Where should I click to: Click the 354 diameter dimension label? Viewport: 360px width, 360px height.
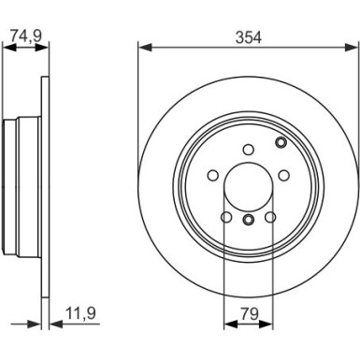coord(249,37)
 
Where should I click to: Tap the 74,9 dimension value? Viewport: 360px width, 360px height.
coord(26,36)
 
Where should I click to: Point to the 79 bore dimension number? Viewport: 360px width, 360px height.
coord(249,313)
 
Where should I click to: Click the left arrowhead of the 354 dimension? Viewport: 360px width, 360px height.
coord(145,48)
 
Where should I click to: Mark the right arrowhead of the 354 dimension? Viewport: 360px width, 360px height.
coord(352,48)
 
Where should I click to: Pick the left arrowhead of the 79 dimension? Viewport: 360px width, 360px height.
coord(231,324)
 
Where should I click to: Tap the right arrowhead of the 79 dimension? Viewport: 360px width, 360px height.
coord(266,324)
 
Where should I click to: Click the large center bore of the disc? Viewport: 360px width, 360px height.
coord(249,187)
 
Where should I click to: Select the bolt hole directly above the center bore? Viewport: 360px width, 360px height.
coord(249,150)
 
